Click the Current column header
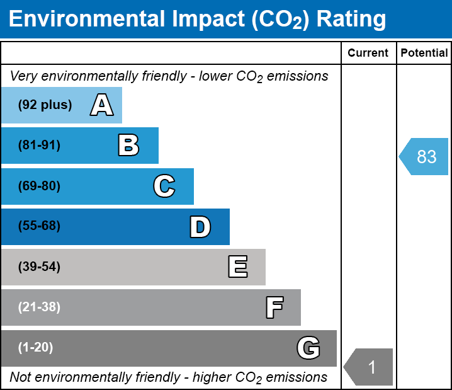pyautogui.click(x=368, y=53)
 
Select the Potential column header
pyautogui.click(x=424, y=53)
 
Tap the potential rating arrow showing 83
pyautogui.click(x=423, y=156)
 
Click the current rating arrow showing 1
pyautogui.click(x=368, y=367)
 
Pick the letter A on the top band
pyautogui.click(x=102, y=105)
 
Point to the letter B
pyautogui.click(x=128, y=145)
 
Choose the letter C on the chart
pyautogui.click(x=164, y=186)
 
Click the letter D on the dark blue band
pyautogui.click(x=200, y=227)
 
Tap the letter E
pyautogui.click(x=238, y=267)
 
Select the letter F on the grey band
pyautogui.click(x=274, y=307)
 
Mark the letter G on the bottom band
pyautogui.click(x=308, y=348)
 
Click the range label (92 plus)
pyautogui.click(x=45, y=105)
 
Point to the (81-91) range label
pyautogui.click(x=39, y=145)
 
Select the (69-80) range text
pyautogui.click(x=39, y=186)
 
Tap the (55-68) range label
pyautogui.click(x=39, y=226)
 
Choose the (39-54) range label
pyautogui.click(x=39, y=267)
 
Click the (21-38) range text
pyautogui.click(x=39, y=307)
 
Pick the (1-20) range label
pyautogui.click(x=35, y=347)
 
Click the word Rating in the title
pyautogui.click(x=351, y=20)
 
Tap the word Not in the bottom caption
pyautogui.click(x=20, y=377)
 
